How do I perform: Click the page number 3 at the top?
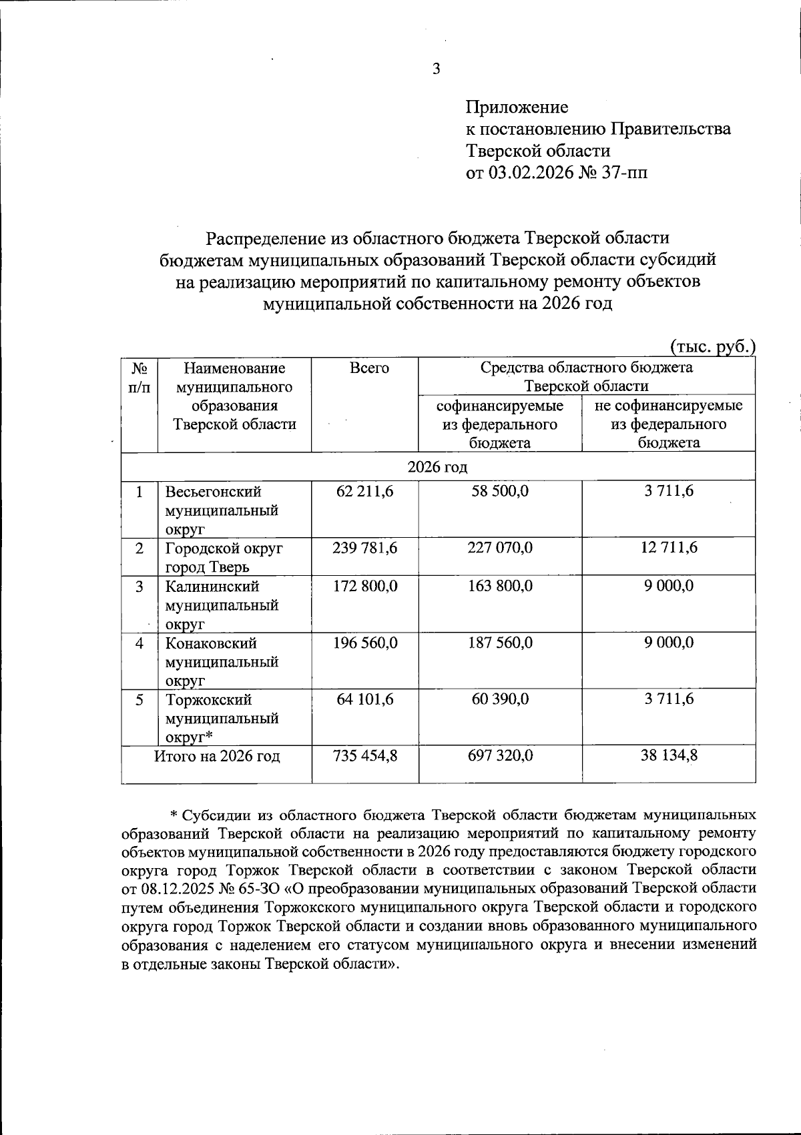(x=437, y=69)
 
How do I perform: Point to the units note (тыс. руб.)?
(x=712, y=346)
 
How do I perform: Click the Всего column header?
(x=369, y=368)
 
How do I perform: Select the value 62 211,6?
(x=365, y=492)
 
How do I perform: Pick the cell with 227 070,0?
(x=500, y=548)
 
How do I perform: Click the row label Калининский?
(x=212, y=587)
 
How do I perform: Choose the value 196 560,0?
(x=365, y=643)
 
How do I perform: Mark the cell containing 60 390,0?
(x=500, y=699)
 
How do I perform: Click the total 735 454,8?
(x=365, y=756)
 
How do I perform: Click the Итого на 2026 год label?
(x=217, y=756)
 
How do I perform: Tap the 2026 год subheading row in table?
(x=438, y=467)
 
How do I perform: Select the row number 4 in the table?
(x=140, y=643)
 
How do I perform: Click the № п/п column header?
(x=140, y=377)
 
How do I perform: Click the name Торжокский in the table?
(x=208, y=700)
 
